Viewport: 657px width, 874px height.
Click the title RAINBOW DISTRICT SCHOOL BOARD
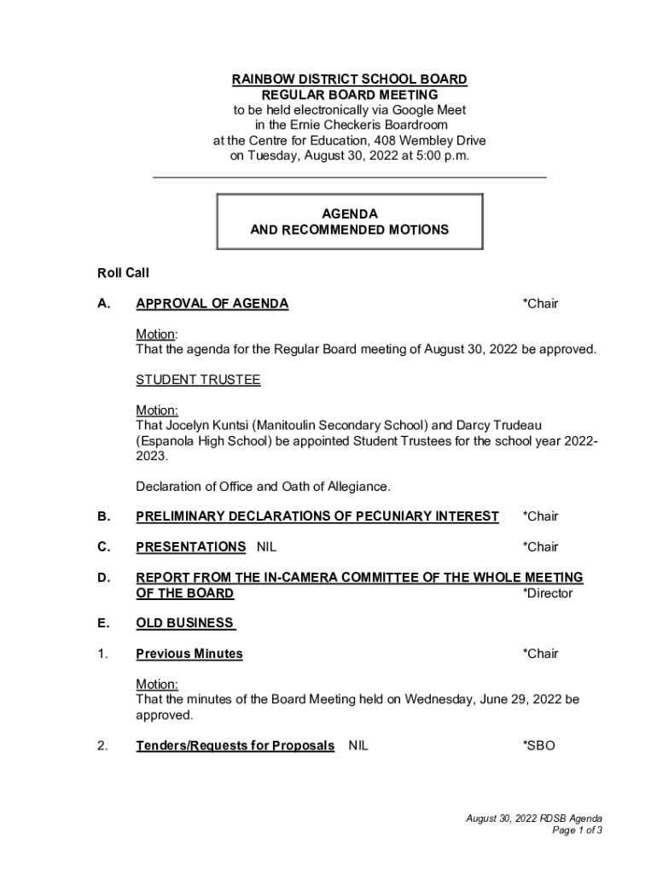click(349, 79)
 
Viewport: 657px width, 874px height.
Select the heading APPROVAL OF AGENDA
click(212, 304)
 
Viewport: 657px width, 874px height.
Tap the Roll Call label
click(123, 273)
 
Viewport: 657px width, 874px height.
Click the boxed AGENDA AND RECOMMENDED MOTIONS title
click(349, 222)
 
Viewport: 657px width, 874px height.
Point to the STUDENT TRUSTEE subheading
click(198, 381)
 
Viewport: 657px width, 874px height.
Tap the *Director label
click(547, 593)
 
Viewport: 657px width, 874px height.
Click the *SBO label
click(538, 746)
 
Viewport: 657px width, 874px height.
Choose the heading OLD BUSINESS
click(185, 623)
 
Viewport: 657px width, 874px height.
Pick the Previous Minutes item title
click(189, 654)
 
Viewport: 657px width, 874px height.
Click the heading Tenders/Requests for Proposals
click(235, 746)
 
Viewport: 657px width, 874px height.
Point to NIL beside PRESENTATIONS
click(266, 547)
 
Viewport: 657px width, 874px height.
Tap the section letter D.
click(103, 578)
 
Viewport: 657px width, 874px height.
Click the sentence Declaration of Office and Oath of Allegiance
click(263, 487)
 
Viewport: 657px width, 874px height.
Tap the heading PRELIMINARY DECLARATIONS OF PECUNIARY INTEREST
click(317, 516)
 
